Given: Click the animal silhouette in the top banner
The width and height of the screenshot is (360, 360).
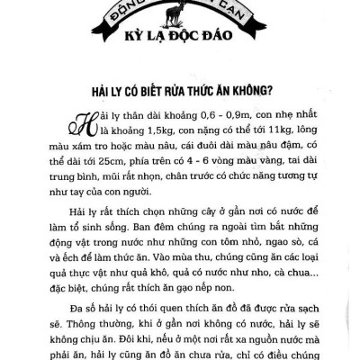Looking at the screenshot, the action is (180, 11).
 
